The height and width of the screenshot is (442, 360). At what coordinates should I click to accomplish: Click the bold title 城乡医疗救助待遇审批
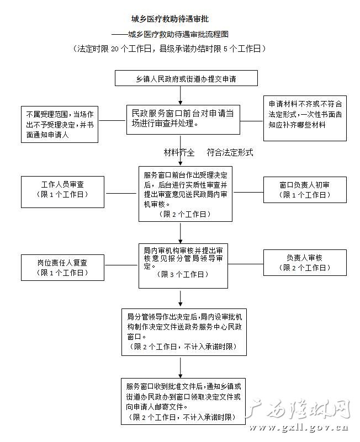(170, 19)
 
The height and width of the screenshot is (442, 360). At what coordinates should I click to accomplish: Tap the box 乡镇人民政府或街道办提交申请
(186, 78)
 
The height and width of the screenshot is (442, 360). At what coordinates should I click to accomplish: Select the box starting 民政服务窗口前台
(183, 120)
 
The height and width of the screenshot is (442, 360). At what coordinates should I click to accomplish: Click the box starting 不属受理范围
(60, 124)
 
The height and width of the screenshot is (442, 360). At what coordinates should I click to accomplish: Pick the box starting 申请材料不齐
(305, 118)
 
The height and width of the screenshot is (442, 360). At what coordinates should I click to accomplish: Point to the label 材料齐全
(179, 152)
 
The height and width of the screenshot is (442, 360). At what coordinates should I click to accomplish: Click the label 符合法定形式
(230, 152)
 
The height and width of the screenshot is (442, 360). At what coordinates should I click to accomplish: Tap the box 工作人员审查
(62, 192)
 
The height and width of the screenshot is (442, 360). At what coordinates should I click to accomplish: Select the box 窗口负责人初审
(305, 190)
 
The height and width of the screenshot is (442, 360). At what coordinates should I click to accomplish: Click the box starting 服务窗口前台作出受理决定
(186, 194)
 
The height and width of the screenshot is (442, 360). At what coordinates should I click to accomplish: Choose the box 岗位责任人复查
(62, 268)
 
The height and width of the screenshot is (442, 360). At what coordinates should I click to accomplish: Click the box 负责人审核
(305, 263)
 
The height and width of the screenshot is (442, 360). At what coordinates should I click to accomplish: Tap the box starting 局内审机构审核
(183, 266)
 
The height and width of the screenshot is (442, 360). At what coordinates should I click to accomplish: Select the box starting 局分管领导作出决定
(184, 332)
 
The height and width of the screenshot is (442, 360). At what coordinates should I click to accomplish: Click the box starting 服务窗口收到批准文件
(183, 401)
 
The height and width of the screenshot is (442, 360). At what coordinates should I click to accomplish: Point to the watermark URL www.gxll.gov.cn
(299, 428)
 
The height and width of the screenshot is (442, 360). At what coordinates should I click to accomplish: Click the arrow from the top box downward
(181, 95)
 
